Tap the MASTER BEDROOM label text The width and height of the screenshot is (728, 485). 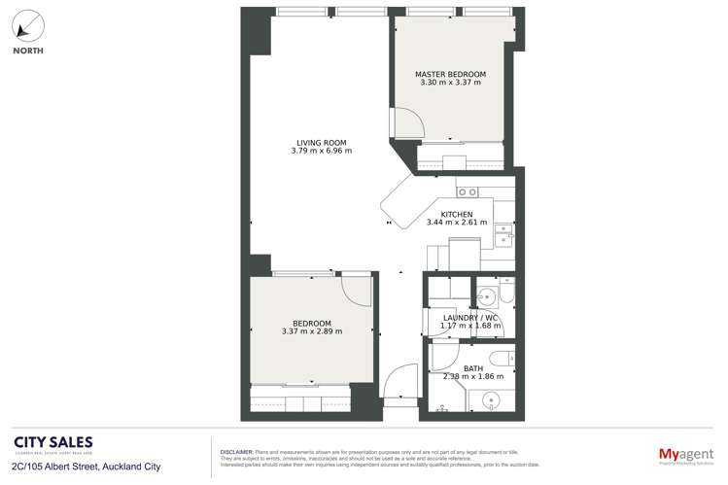(x=450, y=74)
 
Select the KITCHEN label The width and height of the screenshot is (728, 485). (x=457, y=214)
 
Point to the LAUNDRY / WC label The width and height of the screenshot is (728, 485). (x=470, y=317)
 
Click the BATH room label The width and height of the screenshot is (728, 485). (x=472, y=368)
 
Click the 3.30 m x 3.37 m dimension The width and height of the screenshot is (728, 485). (x=450, y=84)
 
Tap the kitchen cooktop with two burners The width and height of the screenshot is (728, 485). (x=467, y=191)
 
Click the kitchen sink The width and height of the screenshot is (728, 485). (x=503, y=235)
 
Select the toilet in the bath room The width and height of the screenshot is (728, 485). (x=503, y=355)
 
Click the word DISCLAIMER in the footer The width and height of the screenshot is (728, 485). (x=232, y=452)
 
